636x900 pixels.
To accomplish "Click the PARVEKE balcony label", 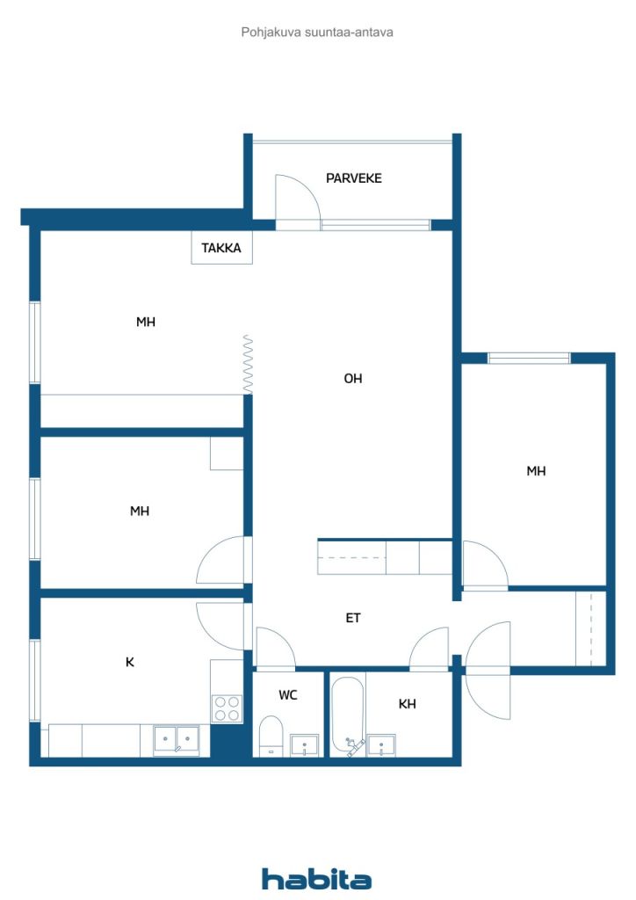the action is [353, 178].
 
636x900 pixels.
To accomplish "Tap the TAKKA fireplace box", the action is [221, 247].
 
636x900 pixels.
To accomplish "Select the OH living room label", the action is [352, 378].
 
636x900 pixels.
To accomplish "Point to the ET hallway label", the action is [352, 618].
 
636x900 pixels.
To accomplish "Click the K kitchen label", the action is [130, 662].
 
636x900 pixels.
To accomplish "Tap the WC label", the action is [288, 695].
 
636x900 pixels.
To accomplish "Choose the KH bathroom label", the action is [408, 704].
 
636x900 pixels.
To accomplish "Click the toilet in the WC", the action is [271, 736].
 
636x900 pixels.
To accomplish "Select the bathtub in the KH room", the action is [348, 717].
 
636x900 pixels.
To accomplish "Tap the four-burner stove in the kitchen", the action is [228, 708].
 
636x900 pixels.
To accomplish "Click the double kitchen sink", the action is [177, 739].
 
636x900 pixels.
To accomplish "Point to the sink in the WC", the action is [305, 745].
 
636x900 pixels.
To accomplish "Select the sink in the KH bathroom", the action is [380, 745].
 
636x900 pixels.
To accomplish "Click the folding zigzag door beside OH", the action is [248, 365].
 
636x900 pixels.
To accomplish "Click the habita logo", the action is [316, 878].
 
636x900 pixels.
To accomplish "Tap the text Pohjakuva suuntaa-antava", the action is [317, 33].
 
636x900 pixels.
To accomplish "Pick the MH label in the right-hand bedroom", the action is [536, 471].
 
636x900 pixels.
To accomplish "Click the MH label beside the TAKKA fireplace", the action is [146, 322].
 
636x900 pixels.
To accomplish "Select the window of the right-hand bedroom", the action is [529, 359].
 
